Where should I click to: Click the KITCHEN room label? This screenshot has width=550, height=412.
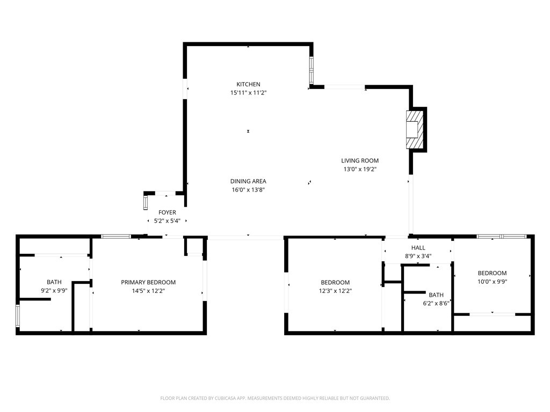pyautogui.click(x=248, y=84)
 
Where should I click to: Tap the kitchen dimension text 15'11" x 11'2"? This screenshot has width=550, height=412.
pyautogui.click(x=248, y=93)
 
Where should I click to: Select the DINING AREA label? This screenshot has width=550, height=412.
pyautogui.click(x=248, y=181)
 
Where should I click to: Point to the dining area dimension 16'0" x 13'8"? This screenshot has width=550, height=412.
pyautogui.click(x=248, y=190)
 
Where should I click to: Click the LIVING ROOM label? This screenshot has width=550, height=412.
pyautogui.click(x=360, y=160)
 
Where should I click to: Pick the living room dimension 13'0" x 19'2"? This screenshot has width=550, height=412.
pyautogui.click(x=360, y=169)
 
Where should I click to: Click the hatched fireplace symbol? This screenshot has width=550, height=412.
pyautogui.click(x=415, y=130)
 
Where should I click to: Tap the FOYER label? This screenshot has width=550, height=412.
pyautogui.click(x=167, y=212)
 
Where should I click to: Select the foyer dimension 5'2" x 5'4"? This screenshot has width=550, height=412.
pyautogui.click(x=167, y=221)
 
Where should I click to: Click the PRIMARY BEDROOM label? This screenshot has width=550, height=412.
pyautogui.click(x=148, y=282)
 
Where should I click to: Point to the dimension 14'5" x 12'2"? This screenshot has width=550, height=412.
pyautogui.click(x=148, y=291)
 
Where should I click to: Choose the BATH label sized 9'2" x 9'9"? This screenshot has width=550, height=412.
pyautogui.click(x=54, y=282)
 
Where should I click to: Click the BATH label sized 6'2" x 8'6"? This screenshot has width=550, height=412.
pyautogui.click(x=436, y=295)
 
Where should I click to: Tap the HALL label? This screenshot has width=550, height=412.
pyautogui.click(x=418, y=248)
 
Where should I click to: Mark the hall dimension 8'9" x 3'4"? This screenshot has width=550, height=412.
pyautogui.click(x=418, y=256)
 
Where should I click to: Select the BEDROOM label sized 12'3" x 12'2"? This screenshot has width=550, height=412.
pyautogui.click(x=335, y=282)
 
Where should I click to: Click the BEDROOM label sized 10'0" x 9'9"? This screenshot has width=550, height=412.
pyautogui.click(x=492, y=273)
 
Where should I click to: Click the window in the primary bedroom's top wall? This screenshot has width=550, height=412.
pyautogui.click(x=116, y=236)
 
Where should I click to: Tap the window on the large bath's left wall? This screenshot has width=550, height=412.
pyautogui.click(x=18, y=316)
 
